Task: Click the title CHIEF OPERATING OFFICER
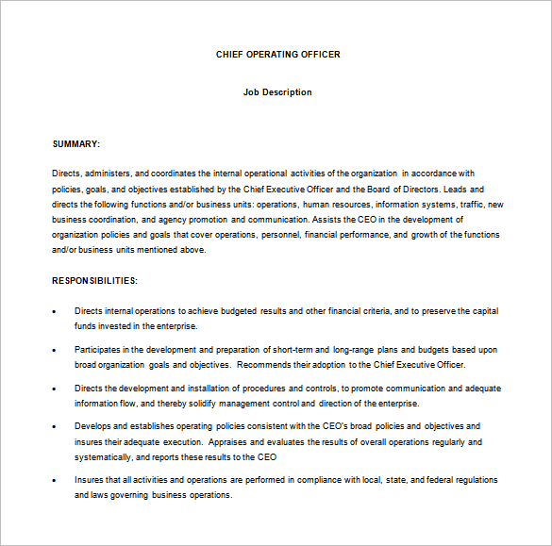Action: (x=277, y=55)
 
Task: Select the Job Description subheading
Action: (x=277, y=92)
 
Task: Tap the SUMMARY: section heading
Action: (x=75, y=143)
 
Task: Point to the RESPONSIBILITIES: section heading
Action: (x=94, y=280)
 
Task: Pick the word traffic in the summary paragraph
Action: (x=472, y=205)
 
